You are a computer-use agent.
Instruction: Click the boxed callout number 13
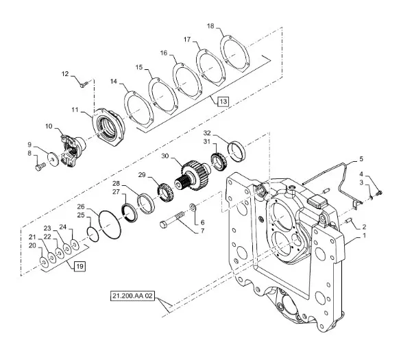click(223, 101)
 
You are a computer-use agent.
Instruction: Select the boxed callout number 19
click(80, 266)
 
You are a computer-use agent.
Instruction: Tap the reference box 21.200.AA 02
click(132, 296)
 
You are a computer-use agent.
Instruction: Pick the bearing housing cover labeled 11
click(108, 127)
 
